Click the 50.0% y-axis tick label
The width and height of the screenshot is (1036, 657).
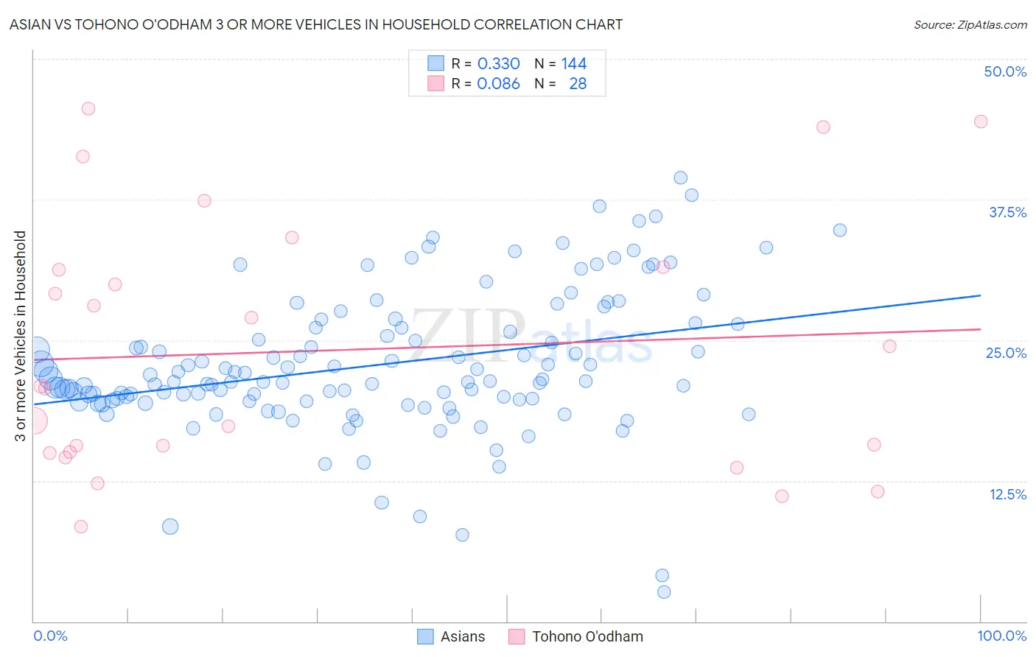point(1005,71)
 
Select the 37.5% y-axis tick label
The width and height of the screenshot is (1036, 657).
point(1007,212)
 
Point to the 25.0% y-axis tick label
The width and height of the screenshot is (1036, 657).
point(1006,353)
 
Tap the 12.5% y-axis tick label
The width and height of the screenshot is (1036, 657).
point(1007,494)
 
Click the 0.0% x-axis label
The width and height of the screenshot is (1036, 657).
point(50,636)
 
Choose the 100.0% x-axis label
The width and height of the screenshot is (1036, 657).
point(1002,636)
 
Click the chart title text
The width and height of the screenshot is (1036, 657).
point(315,24)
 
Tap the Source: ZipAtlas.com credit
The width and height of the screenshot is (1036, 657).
point(970,24)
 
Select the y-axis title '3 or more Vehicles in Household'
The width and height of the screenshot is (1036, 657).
point(21,336)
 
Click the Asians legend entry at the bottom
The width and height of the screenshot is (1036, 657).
point(451,636)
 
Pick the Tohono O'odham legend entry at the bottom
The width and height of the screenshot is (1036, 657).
point(575,636)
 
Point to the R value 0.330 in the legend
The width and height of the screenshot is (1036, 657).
point(498,63)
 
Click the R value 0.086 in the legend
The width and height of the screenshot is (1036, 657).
point(498,83)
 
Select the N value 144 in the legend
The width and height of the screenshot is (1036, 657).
point(573,63)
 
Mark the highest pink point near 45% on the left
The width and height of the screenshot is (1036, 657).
point(88,108)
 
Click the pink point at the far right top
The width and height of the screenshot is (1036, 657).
point(981,122)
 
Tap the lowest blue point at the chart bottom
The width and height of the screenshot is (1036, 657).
point(664,592)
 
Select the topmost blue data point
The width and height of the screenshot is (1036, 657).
point(681,178)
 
